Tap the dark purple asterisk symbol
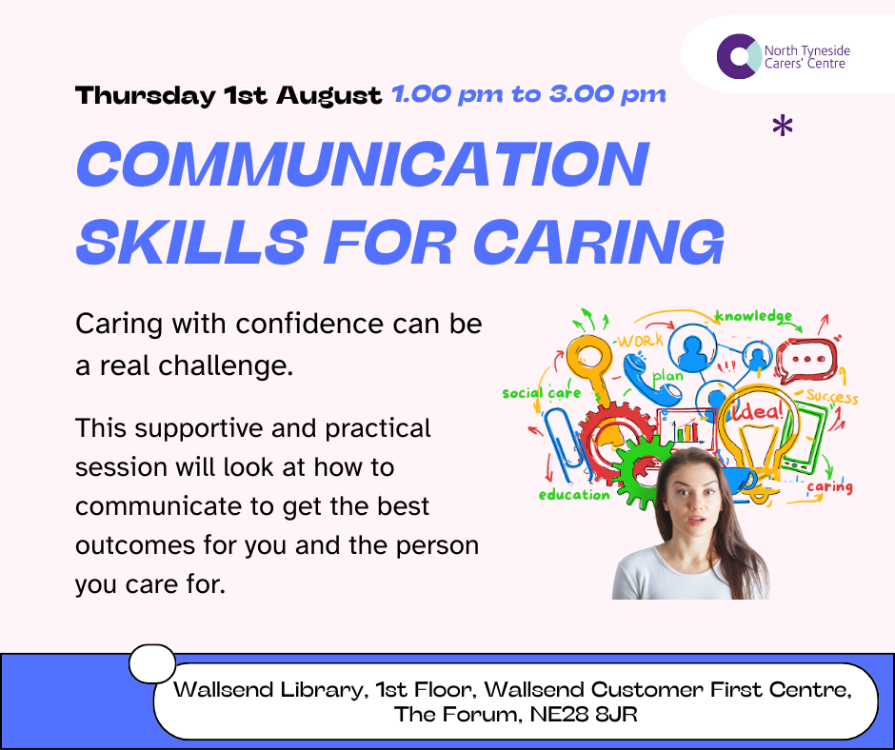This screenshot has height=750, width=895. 783,127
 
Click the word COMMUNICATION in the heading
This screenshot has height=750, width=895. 362,164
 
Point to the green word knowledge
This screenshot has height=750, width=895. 753,315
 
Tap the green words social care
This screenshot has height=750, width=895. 541,393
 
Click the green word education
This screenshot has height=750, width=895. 574,494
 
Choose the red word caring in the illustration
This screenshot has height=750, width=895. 829,487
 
